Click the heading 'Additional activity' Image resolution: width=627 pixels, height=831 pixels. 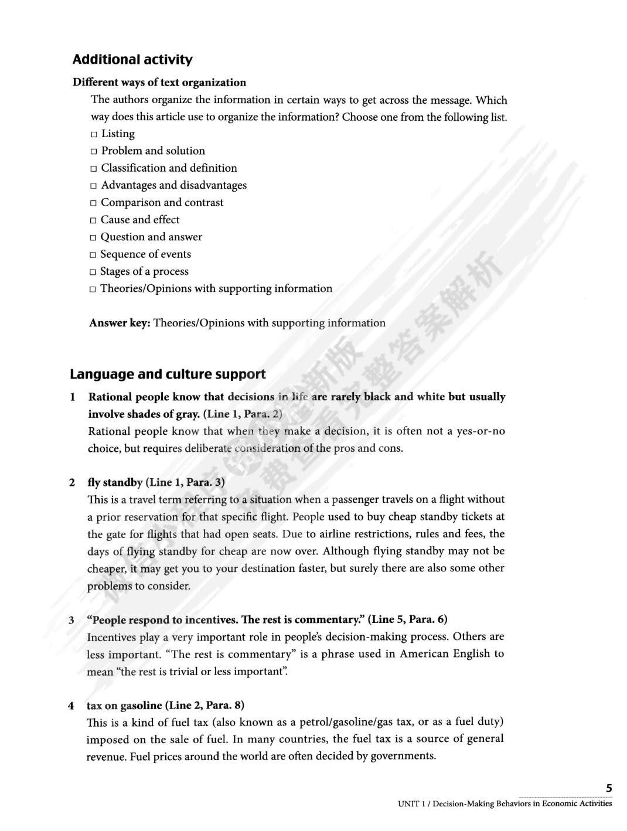[x=132, y=60]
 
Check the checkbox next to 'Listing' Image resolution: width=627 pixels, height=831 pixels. [x=94, y=135]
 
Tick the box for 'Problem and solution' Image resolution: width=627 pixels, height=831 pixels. [x=94, y=152]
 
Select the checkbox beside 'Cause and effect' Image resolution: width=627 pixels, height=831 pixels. [x=93, y=221]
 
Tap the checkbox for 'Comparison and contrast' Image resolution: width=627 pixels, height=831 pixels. [x=93, y=203]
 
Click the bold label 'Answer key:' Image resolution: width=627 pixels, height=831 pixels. [x=120, y=323]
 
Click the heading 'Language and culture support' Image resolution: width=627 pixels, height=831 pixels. [x=168, y=374]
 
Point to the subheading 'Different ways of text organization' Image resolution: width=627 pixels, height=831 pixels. [x=159, y=83]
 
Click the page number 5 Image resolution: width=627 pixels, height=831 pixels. [x=609, y=788]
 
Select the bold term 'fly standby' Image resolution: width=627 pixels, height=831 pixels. [x=115, y=482]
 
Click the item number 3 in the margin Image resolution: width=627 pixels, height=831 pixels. [x=71, y=620]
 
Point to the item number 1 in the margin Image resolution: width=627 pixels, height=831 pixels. [x=73, y=397]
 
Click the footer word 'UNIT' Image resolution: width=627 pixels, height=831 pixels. [x=408, y=803]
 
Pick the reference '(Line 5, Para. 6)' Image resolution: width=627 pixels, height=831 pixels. [x=408, y=619]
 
